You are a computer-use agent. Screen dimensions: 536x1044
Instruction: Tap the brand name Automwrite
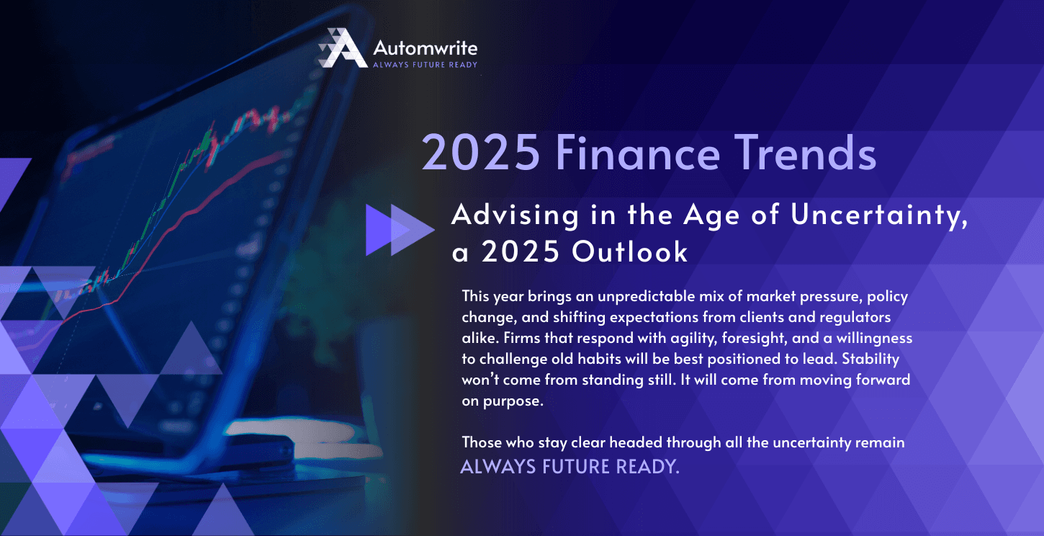point(425,48)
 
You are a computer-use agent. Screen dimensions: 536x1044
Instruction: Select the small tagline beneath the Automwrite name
point(425,65)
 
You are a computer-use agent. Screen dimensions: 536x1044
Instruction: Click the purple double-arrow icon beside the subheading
point(399,230)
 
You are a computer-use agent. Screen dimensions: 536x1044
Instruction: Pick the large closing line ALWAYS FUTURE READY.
point(570,466)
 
